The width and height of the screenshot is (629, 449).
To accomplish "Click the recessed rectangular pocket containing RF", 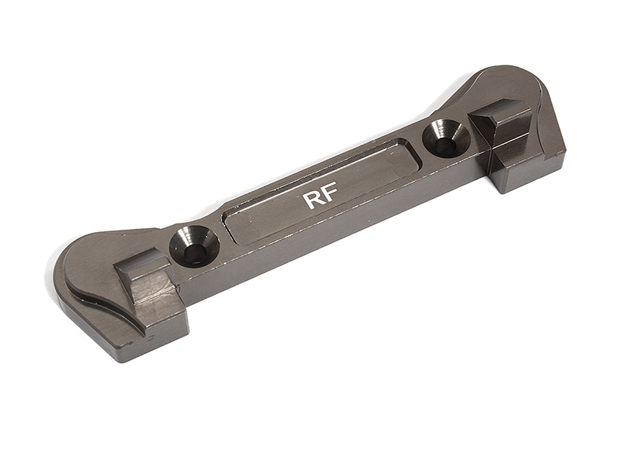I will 322,189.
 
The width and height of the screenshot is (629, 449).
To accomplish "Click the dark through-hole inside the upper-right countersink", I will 450,143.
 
